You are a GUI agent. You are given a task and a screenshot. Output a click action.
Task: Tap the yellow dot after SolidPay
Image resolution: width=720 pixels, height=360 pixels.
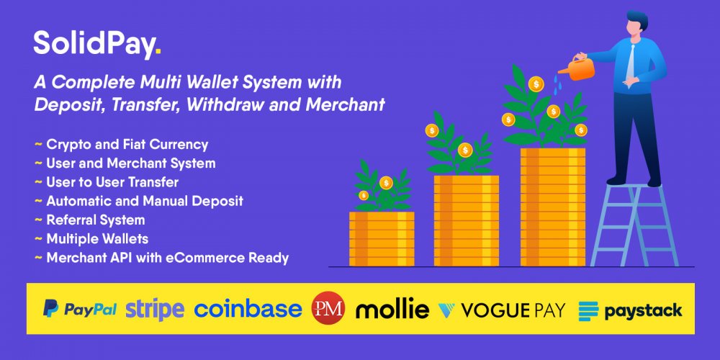tap(158, 52)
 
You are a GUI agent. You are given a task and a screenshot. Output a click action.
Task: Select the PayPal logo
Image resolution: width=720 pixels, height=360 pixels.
tap(79, 309)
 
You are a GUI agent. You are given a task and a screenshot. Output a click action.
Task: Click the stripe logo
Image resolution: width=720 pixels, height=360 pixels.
tap(155, 310)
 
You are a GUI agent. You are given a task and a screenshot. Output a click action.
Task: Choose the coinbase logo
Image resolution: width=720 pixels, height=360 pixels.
tap(248, 309)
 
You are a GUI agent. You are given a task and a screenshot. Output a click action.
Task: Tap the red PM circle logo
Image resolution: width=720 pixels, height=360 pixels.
tap(328, 308)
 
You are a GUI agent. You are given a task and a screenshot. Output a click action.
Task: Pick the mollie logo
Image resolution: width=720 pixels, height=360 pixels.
tap(392, 309)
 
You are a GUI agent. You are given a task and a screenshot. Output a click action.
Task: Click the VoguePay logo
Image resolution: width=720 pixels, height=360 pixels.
tap(502, 310)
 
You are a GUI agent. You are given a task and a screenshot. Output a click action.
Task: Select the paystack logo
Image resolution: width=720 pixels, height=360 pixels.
tap(630, 310)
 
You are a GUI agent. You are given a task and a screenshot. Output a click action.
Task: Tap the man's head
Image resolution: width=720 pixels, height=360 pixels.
tap(636, 23)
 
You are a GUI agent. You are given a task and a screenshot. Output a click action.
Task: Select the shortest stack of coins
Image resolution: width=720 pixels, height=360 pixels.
tap(382, 239)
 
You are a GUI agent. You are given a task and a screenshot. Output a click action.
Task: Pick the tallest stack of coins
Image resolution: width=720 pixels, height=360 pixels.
tap(553, 207)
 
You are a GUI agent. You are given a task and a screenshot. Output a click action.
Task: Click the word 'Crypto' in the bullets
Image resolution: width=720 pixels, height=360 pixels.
tap(66, 145)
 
